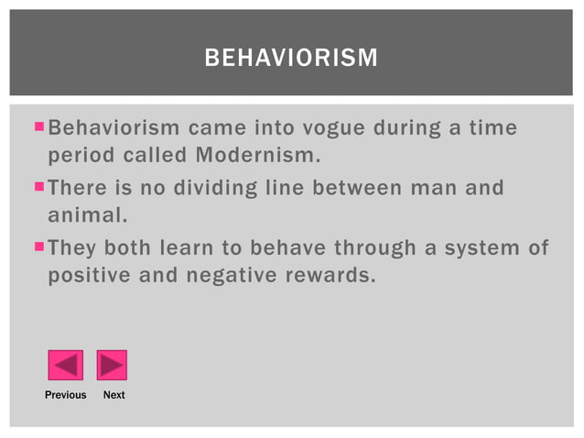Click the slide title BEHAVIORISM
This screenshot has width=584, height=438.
pyautogui.click(x=291, y=60)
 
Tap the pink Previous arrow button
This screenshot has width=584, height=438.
pyautogui.click(x=65, y=365)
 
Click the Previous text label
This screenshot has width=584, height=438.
pyautogui.click(x=65, y=395)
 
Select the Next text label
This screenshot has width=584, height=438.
pyautogui.click(x=114, y=395)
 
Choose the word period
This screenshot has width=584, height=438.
pyautogui.click(x=78, y=154)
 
